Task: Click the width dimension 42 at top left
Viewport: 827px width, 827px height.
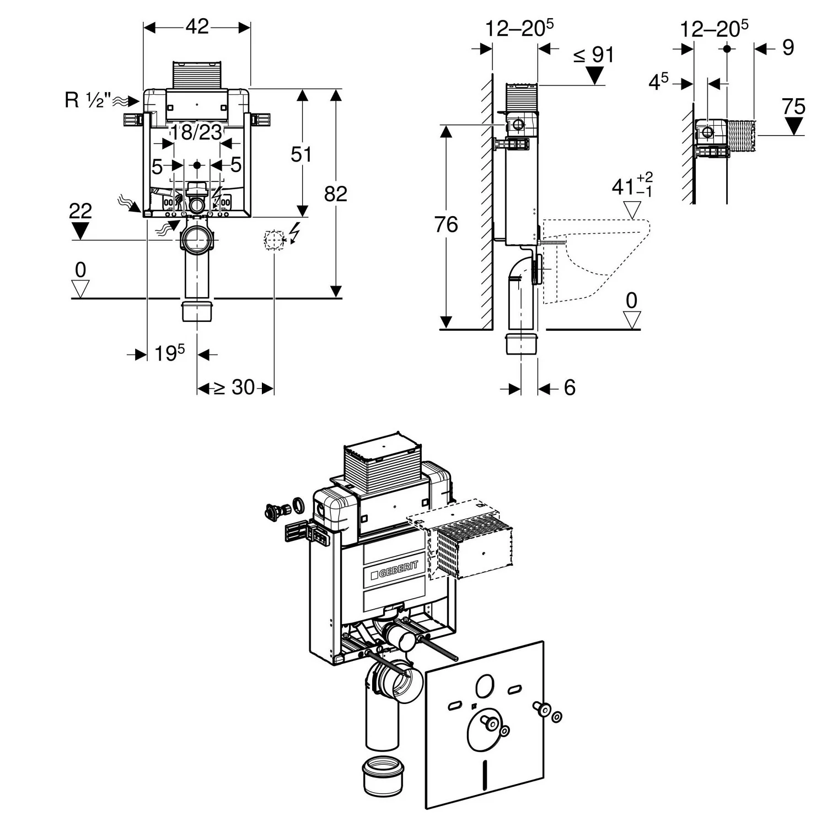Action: [x=197, y=26]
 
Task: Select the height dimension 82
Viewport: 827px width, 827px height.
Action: [x=335, y=194]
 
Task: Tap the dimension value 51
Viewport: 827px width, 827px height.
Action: [x=301, y=154]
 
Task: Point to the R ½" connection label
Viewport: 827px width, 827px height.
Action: [x=88, y=100]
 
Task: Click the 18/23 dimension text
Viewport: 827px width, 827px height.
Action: [x=196, y=132]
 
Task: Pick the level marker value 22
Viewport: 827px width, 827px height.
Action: [x=80, y=211]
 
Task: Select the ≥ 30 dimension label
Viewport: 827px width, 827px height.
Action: [x=234, y=388]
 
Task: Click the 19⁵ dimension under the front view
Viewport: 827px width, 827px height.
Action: [x=168, y=353]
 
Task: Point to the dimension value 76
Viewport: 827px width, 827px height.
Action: [x=446, y=224]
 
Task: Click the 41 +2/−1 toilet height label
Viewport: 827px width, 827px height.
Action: [x=632, y=186]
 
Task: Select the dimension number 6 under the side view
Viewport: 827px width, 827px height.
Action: [x=570, y=388]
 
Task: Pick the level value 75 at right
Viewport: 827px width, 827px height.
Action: [x=793, y=106]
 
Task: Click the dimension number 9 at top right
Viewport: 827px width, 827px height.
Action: [x=788, y=48]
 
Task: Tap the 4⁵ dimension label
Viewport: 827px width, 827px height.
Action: [x=658, y=83]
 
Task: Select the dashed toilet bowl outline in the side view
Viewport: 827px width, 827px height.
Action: [x=595, y=259]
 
